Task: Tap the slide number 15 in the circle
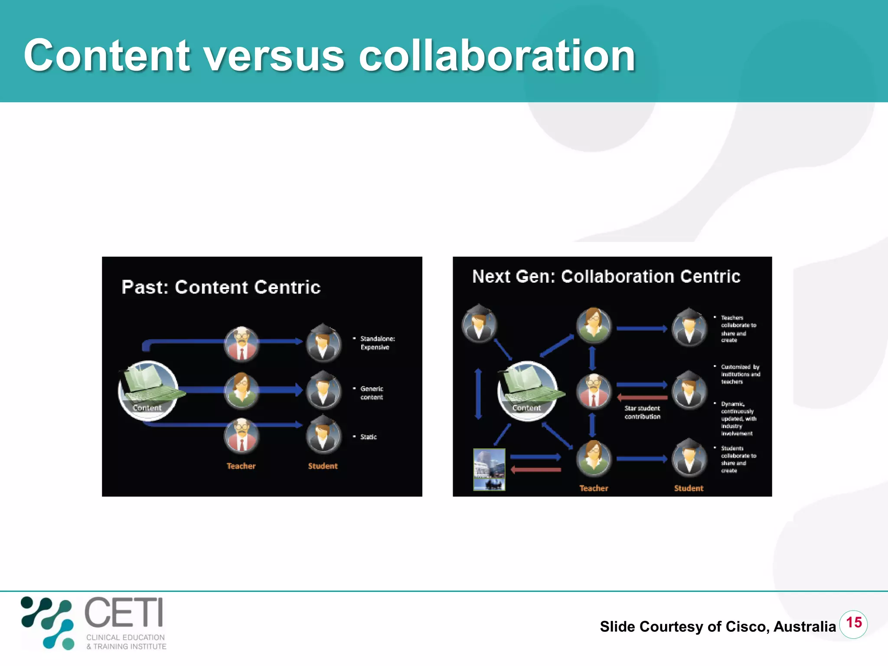pyautogui.click(x=853, y=623)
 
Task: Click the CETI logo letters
pyautogui.click(x=124, y=612)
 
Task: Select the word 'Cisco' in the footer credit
pyautogui.click(x=746, y=627)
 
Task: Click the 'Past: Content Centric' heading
pyautogui.click(x=221, y=287)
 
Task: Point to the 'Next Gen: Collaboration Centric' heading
pyautogui.click(x=606, y=277)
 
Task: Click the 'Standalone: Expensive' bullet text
pyautogui.click(x=377, y=343)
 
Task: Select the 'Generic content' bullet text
pyautogui.click(x=372, y=393)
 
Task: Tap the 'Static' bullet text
pyautogui.click(x=369, y=437)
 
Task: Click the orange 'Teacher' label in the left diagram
pyautogui.click(x=241, y=466)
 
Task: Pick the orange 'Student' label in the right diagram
pyautogui.click(x=689, y=488)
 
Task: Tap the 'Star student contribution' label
pyautogui.click(x=642, y=412)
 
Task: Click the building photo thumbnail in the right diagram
pyautogui.click(x=489, y=469)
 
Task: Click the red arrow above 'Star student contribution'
pyautogui.click(x=642, y=397)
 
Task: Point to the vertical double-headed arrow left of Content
pyautogui.click(x=478, y=394)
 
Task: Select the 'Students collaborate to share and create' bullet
pyautogui.click(x=738, y=459)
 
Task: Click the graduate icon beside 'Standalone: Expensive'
pyautogui.click(x=323, y=343)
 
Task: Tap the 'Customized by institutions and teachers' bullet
pyautogui.click(x=740, y=374)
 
